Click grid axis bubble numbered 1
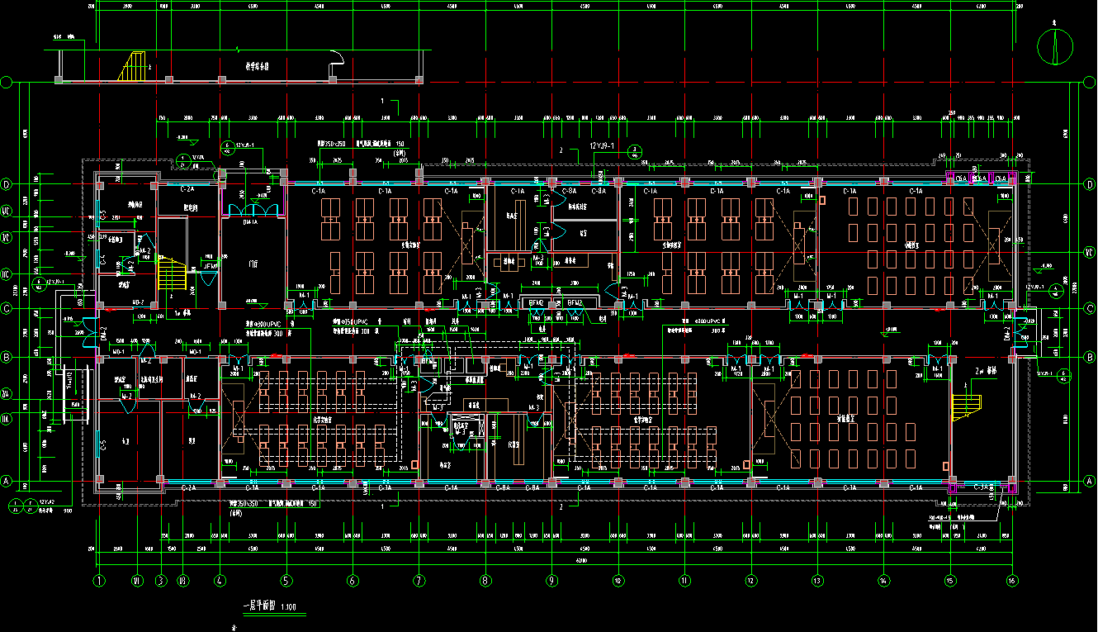(x=100, y=580)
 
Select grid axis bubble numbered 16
(x=1012, y=580)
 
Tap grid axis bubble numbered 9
(x=551, y=580)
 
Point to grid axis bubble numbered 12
(x=751, y=580)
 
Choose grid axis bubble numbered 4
(x=220, y=580)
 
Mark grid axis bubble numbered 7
(x=419, y=580)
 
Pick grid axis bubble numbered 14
(x=884, y=580)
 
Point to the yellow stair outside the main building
(x=132, y=66)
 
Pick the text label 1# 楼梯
(x=183, y=314)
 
